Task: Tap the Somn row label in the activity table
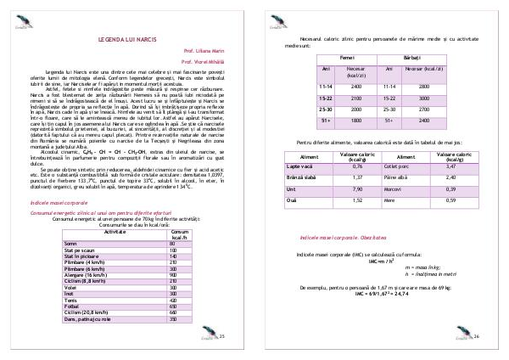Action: (x=70, y=244)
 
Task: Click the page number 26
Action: (x=477, y=337)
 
